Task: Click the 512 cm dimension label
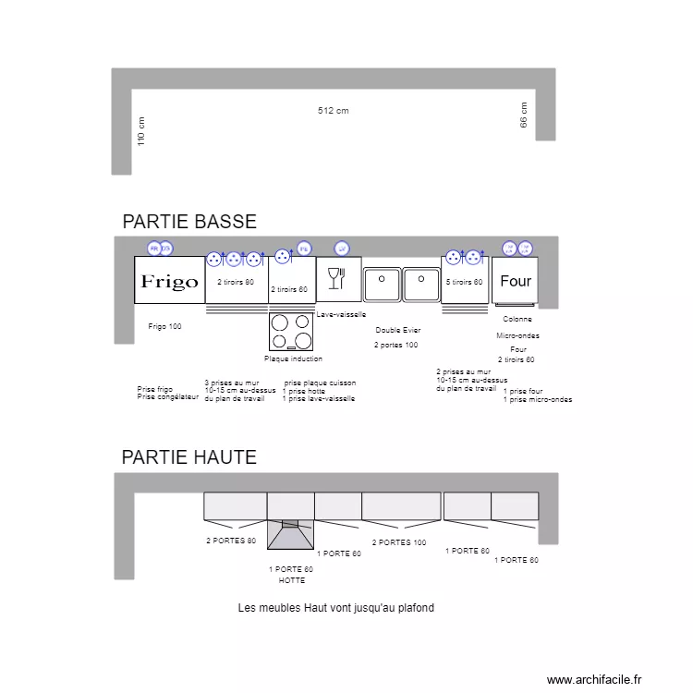(333, 111)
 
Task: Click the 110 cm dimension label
(141, 130)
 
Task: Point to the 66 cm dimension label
(524, 115)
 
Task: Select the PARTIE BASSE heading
(189, 222)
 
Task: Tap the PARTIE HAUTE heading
(189, 457)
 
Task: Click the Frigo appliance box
(167, 281)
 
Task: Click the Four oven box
(516, 280)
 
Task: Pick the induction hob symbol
(292, 331)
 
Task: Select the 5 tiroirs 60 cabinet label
(465, 282)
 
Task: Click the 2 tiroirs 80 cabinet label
(236, 282)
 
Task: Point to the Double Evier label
(398, 330)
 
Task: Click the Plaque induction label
(294, 359)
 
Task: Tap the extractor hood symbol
(291, 534)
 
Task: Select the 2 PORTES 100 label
(399, 543)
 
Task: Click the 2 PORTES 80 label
(231, 541)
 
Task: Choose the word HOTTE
(291, 580)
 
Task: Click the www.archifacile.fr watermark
(593, 679)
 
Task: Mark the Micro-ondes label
(517, 335)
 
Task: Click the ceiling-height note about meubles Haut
(335, 608)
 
